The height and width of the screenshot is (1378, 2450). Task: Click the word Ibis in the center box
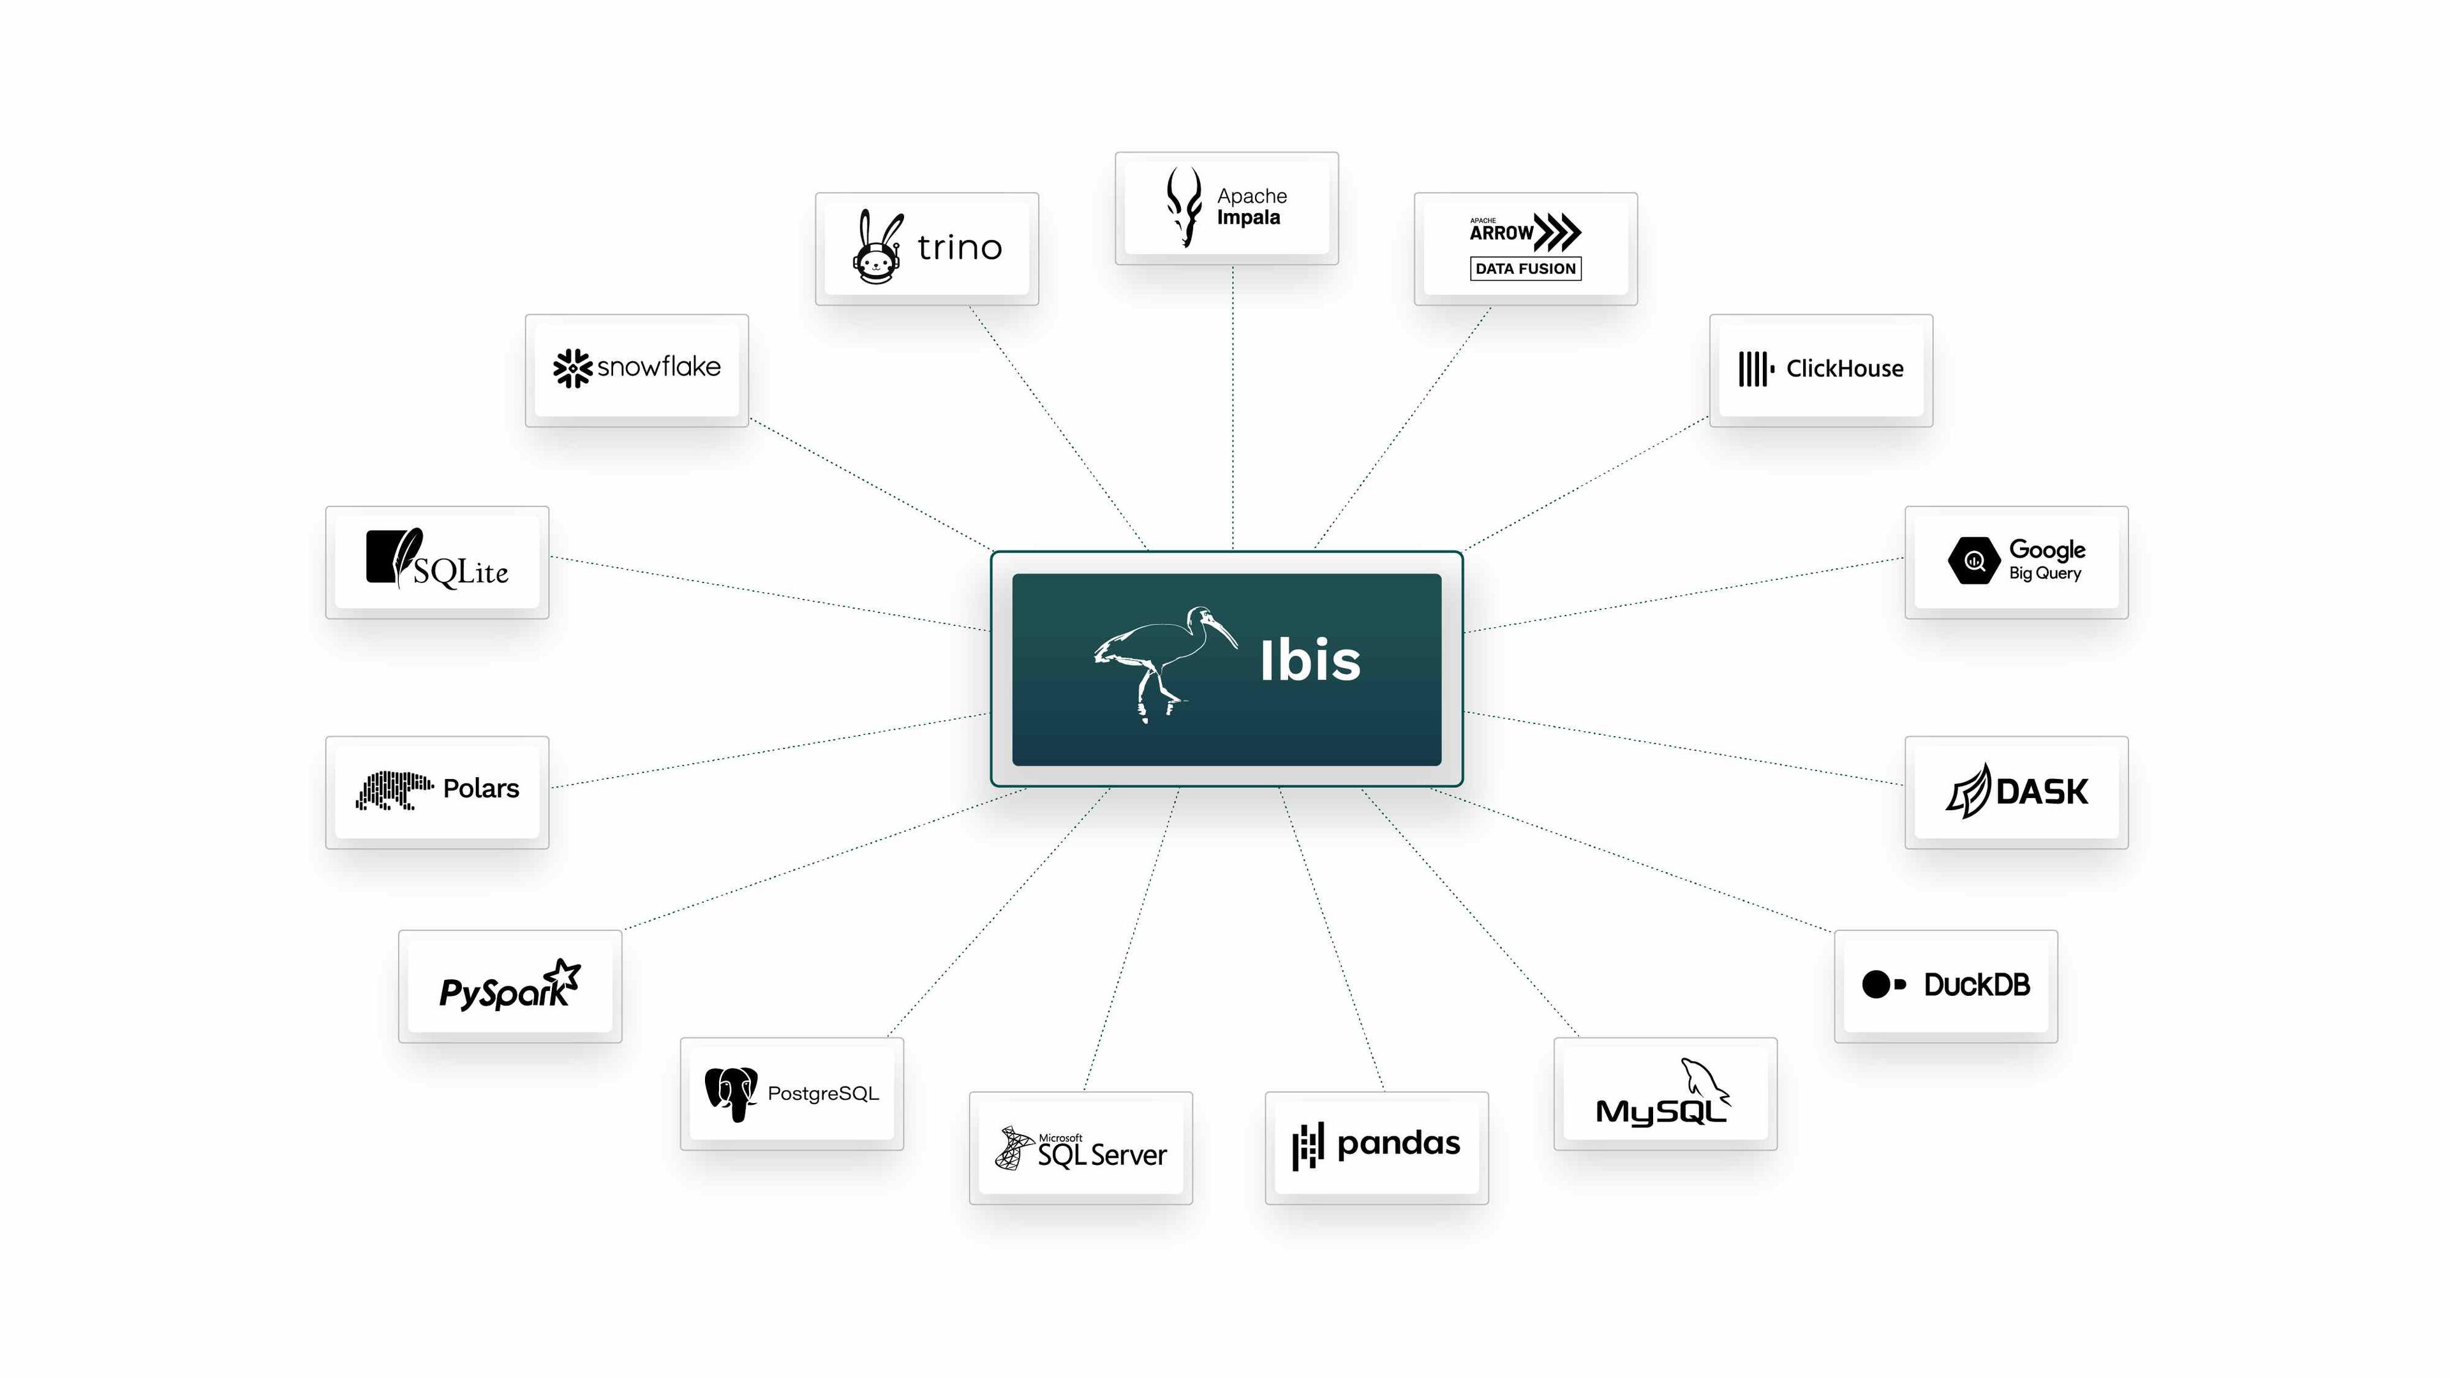(x=1310, y=661)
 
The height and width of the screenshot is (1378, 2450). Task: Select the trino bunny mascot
(x=876, y=248)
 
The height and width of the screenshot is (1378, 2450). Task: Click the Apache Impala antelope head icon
(x=1184, y=206)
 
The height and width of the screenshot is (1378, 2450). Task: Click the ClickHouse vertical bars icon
(x=1755, y=369)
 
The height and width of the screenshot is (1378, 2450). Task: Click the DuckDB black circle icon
(x=1876, y=984)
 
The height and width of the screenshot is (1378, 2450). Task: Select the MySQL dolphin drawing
(x=1704, y=1081)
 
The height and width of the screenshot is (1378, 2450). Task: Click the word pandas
(x=1397, y=1143)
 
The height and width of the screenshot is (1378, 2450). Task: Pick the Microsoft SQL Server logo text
(x=1101, y=1153)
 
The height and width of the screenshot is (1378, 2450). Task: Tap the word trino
(x=959, y=248)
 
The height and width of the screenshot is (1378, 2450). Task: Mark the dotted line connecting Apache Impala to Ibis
(x=1233, y=409)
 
